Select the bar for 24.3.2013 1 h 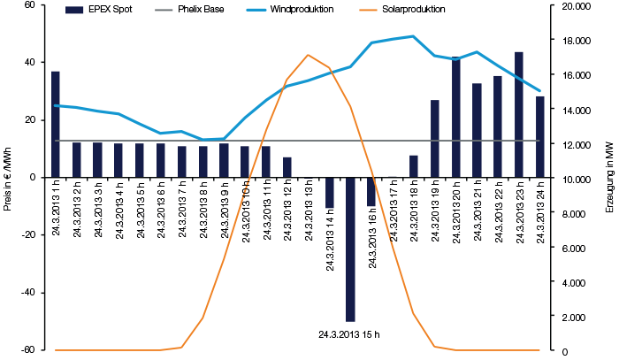point(56,124)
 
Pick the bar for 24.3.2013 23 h point(519,114)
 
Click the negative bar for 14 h point(329,192)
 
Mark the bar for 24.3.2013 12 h point(287,167)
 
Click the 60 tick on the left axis point(29,5)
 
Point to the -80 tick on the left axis point(27,349)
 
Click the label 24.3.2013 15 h point(350,333)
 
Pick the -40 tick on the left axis point(27,292)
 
